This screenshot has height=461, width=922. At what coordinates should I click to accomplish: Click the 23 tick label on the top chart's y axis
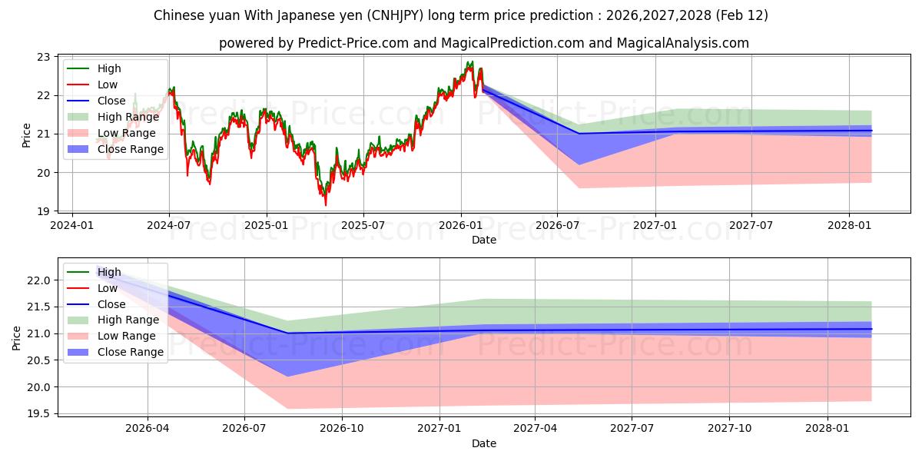(43, 57)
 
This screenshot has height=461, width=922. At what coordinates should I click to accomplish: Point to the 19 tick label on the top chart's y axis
(43, 211)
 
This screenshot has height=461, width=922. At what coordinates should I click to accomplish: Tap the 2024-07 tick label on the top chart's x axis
(169, 226)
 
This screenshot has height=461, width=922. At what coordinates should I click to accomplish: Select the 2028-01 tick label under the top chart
(849, 226)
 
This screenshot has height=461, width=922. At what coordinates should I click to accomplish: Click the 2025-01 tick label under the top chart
(267, 226)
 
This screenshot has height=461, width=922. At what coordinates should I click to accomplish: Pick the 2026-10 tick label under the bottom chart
(342, 429)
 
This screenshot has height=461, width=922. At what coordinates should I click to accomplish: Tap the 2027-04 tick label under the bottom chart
(536, 429)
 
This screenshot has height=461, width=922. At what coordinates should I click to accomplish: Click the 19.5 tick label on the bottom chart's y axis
(38, 413)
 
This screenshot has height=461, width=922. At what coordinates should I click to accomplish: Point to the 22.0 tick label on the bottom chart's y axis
(38, 280)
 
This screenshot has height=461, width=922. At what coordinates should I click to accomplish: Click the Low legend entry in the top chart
(108, 85)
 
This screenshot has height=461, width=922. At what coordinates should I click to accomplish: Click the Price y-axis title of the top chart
(27, 134)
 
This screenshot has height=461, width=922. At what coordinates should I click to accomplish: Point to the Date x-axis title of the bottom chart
(484, 443)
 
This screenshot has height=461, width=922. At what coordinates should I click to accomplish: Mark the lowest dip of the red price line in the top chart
(325, 205)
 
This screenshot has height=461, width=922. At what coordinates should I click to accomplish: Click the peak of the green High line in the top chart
(471, 61)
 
